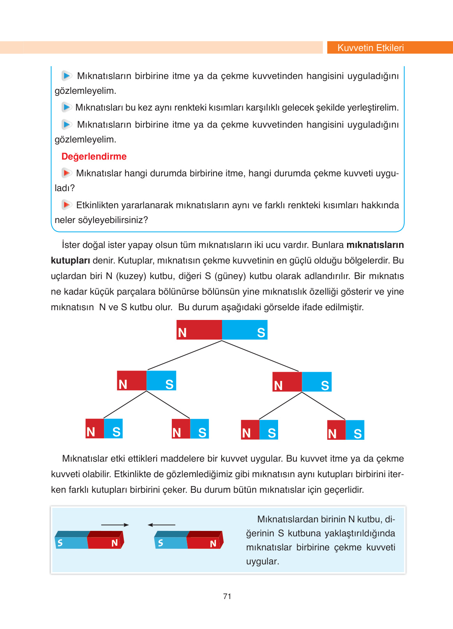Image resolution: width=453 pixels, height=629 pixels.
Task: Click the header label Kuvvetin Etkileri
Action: click(370, 48)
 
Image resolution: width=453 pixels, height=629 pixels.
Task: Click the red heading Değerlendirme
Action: click(94, 156)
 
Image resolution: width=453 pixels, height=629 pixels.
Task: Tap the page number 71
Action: click(227, 596)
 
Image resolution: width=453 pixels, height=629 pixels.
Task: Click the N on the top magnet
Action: click(182, 333)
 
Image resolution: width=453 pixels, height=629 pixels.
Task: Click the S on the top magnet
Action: click(261, 333)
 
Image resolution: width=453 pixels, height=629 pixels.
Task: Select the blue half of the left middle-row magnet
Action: click(161, 381)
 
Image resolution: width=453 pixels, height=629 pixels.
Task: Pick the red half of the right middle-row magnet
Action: click(287, 381)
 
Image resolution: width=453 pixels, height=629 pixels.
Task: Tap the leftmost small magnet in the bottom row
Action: click(104, 429)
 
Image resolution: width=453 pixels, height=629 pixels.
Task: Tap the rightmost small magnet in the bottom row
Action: click(345, 430)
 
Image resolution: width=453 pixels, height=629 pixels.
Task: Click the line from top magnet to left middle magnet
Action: click(185, 355)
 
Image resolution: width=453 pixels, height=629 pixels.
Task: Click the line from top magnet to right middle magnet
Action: click(260, 356)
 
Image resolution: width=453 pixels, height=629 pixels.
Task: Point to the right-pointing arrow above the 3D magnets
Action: click(115, 525)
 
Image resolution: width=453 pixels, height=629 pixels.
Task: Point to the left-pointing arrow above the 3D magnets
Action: click(162, 525)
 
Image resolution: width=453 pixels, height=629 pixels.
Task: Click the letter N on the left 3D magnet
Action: click(115, 543)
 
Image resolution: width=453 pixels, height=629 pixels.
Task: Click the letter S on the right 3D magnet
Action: click(160, 543)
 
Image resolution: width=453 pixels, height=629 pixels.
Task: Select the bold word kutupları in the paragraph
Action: click(71, 260)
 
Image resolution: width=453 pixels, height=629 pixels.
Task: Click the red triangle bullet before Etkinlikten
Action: click(67, 204)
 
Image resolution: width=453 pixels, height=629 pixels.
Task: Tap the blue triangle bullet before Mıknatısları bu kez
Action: click(67, 107)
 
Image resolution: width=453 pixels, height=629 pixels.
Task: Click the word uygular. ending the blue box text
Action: click(263, 561)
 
